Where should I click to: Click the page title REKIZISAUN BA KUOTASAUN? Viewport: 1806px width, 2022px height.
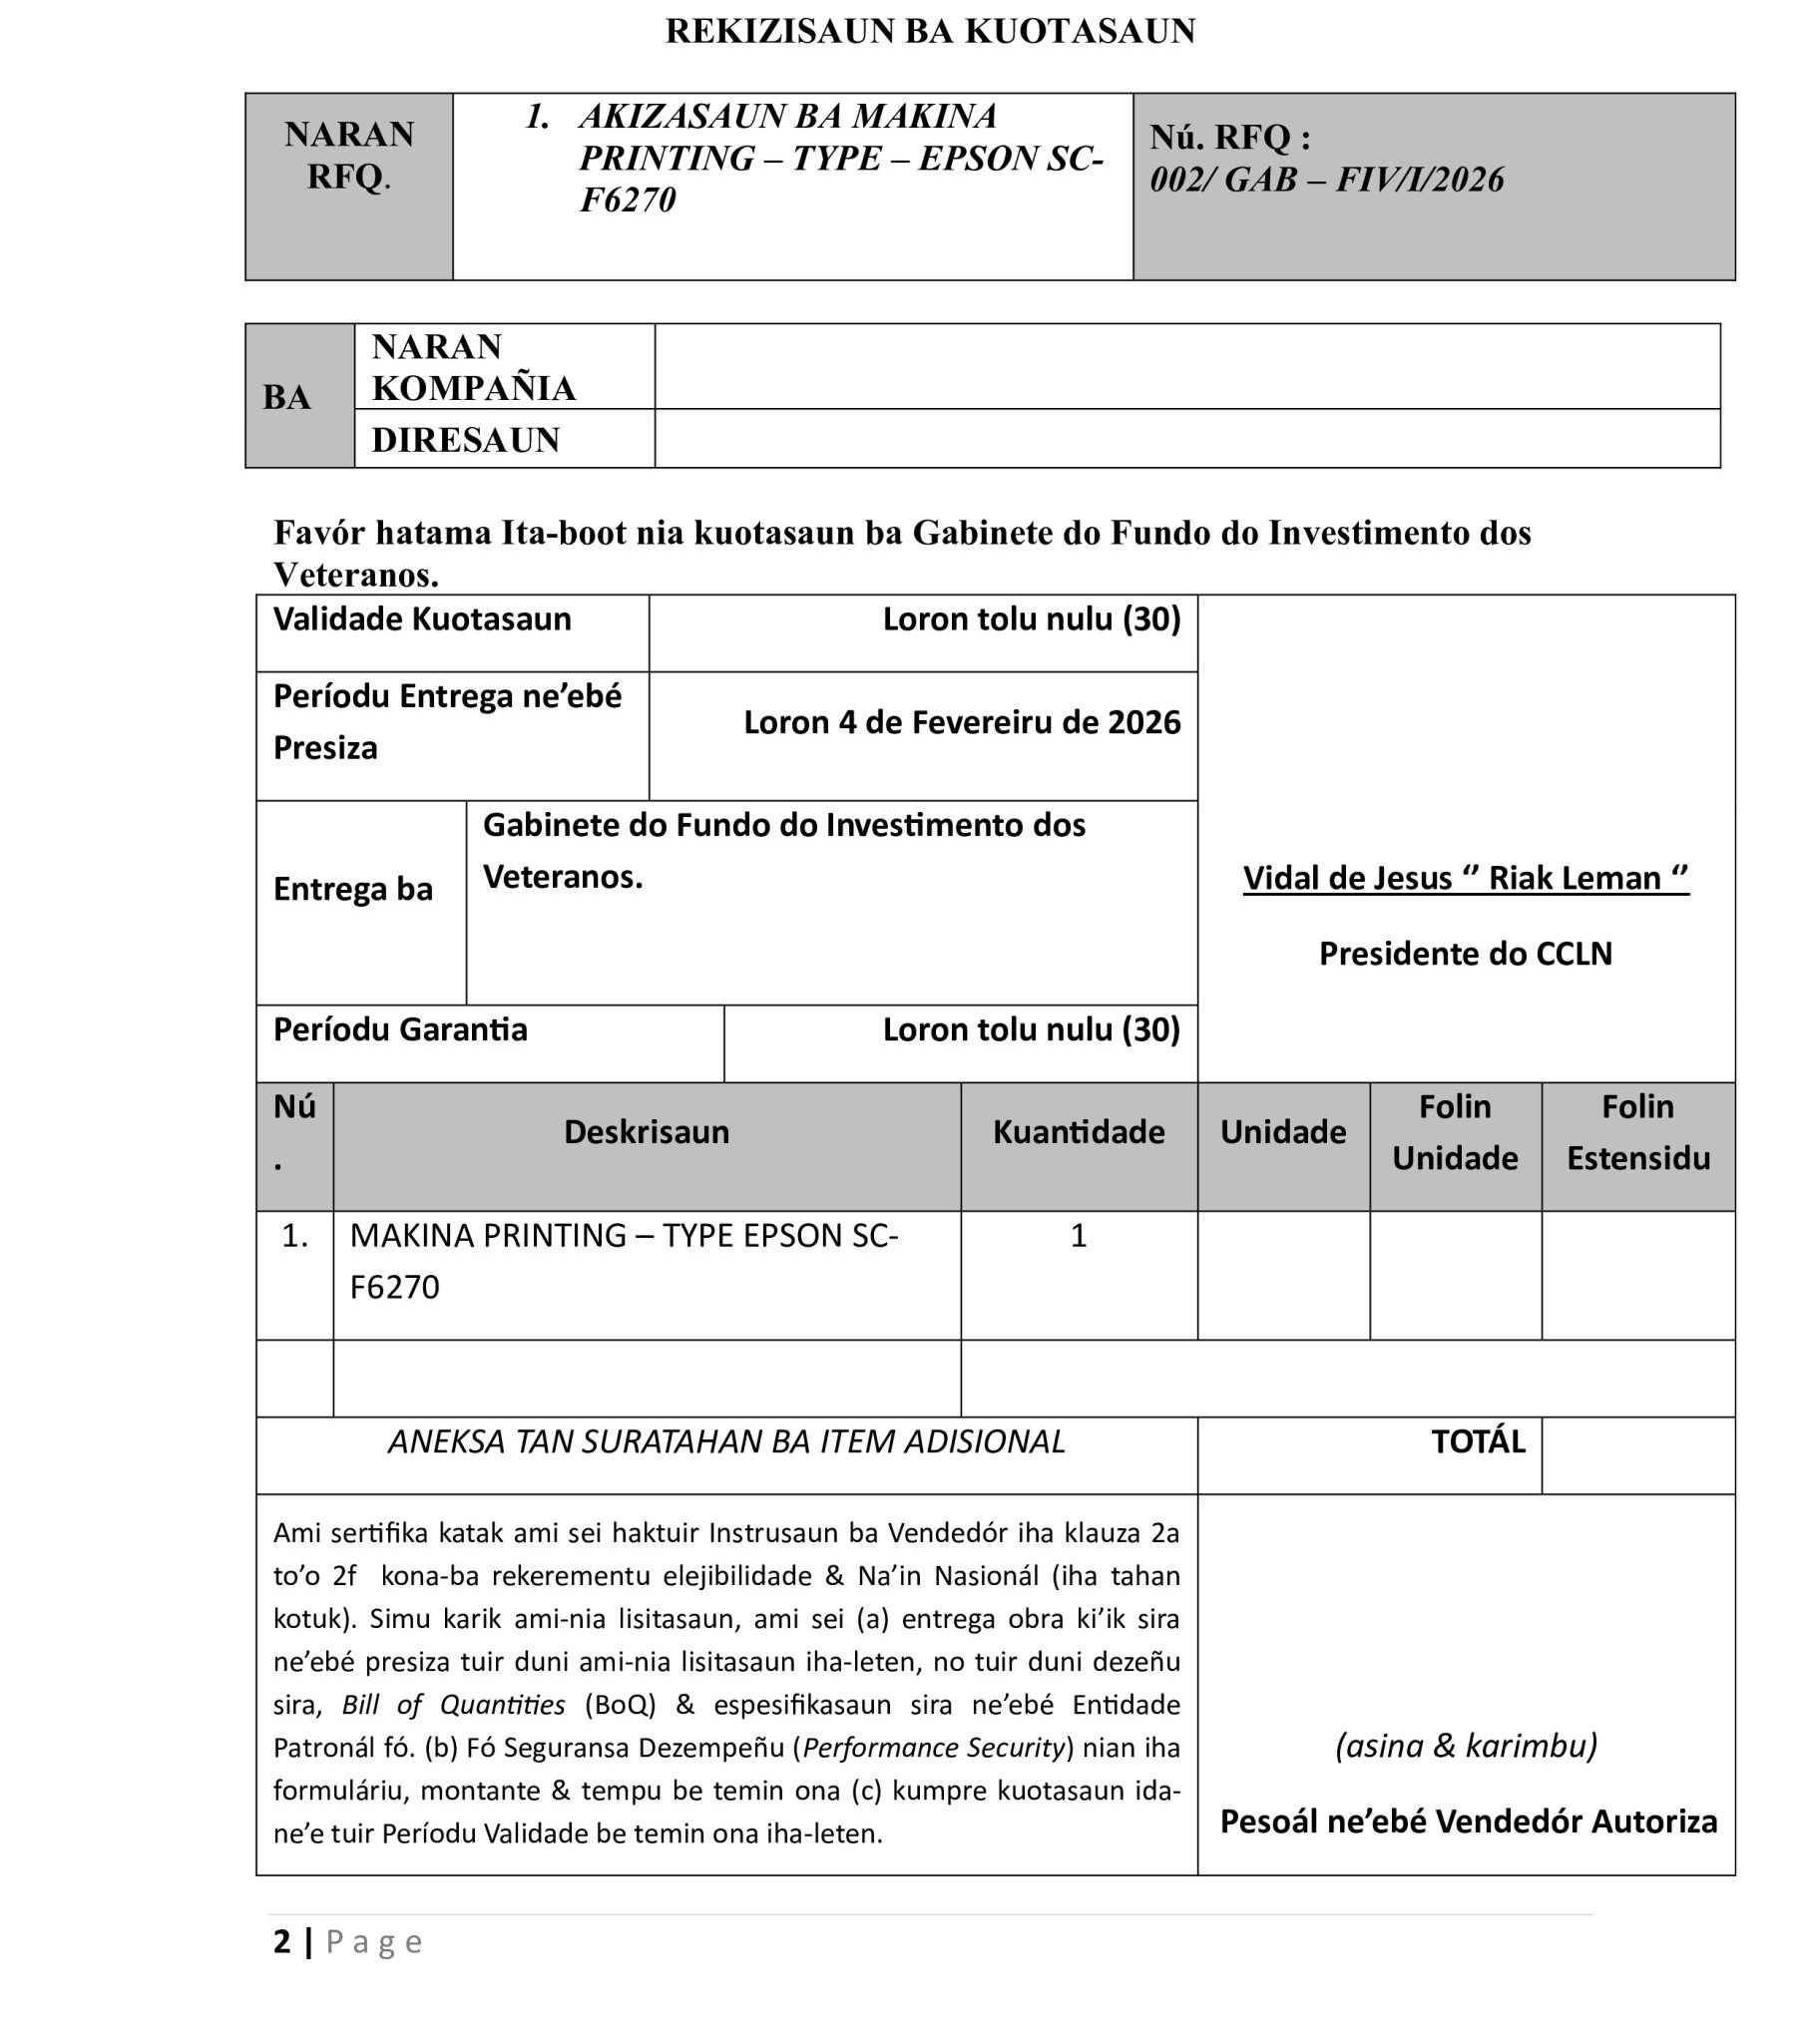tap(930, 32)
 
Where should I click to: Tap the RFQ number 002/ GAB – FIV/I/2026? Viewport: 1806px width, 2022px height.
tap(1326, 180)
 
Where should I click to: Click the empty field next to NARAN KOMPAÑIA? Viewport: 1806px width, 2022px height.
tap(1186, 366)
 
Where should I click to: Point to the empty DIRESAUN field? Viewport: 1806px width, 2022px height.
tap(1186, 439)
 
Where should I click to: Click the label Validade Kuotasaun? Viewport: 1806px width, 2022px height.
tap(422, 619)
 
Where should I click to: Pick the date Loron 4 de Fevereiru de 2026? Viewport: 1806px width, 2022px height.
tap(962, 722)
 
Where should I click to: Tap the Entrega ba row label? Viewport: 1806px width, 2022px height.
tap(353, 889)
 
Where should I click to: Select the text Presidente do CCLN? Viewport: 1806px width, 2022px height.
tap(1465, 954)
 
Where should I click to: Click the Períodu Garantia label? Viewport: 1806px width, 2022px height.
tap(400, 1029)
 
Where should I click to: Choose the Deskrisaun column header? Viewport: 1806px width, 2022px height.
tap(647, 1132)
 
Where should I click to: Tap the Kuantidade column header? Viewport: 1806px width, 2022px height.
tap(1079, 1132)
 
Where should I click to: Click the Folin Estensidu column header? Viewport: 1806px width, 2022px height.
tap(1637, 1132)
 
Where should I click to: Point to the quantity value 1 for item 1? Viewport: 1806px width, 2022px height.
tap(1079, 1236)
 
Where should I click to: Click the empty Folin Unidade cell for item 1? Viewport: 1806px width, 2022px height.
tap(1455, 1275)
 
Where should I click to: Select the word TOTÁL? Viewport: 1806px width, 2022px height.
tap(1478, 1441)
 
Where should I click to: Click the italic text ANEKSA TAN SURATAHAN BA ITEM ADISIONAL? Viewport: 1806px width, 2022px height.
tap(726, 1441)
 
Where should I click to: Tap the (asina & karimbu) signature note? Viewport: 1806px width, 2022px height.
tap(1466, 1745)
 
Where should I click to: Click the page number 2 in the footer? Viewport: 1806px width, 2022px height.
tap(282, 1941)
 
